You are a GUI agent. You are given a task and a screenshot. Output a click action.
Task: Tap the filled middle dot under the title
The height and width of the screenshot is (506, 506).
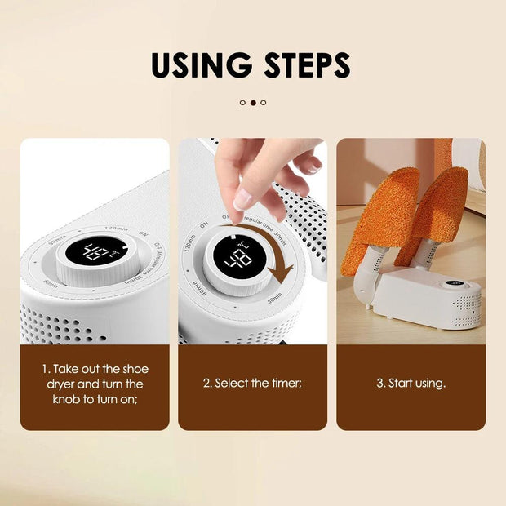(x=253, y=103)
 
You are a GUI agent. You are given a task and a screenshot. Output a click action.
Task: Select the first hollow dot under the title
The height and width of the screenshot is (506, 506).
(x=242, y=103)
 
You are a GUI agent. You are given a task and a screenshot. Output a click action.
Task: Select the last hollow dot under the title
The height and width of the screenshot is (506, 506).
(x=264, y=103)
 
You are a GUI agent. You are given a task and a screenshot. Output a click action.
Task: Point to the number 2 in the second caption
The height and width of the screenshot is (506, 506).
(x=206, y=383)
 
